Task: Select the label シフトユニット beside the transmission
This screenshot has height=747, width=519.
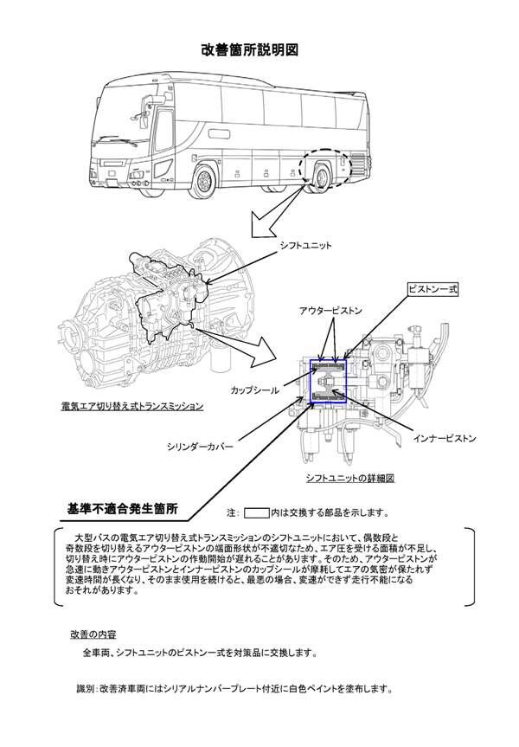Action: tap(304, 246)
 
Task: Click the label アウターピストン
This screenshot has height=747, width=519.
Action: tap(331, 310)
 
